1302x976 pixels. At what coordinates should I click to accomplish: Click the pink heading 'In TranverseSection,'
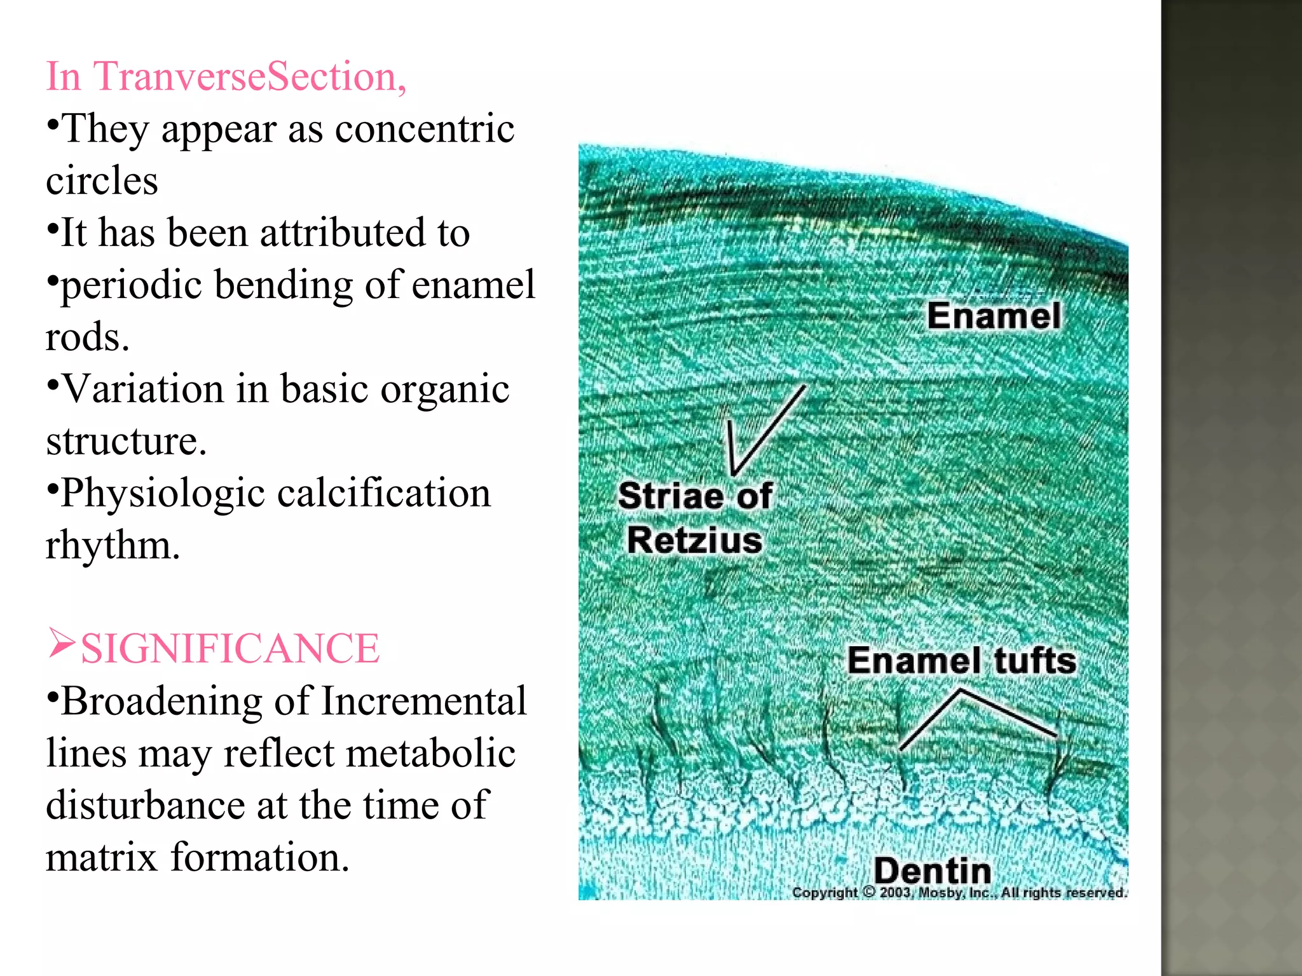tap(226, 77)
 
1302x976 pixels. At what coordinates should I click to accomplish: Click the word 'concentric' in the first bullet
tap(424, 129)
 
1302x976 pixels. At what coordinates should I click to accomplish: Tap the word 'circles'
tap(102, 181)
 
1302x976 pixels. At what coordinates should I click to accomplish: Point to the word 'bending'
tap(283, 285)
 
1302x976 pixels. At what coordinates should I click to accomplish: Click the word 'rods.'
tap(87, 337)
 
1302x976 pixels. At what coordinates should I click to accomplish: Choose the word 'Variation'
tap(144, 389)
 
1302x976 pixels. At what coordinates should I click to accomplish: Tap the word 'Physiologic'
tap(163, 493)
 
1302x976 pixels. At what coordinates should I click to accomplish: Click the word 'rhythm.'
tap(113, 545)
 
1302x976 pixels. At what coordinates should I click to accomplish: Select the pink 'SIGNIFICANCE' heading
tap(230, 649)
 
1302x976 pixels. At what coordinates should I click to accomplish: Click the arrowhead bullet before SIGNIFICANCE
tap(62, 643)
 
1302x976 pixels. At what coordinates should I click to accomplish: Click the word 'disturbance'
tap(145, 806)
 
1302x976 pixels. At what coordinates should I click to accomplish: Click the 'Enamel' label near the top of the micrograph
tap(994, 316)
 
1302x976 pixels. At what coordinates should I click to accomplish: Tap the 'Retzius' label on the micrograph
tap(694, 540)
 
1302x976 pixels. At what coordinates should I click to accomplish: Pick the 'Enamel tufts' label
tap(961, 661)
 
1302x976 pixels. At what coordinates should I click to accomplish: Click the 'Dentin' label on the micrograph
tap(932, 871)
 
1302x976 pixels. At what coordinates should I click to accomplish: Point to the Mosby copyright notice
tap(959, 893)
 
